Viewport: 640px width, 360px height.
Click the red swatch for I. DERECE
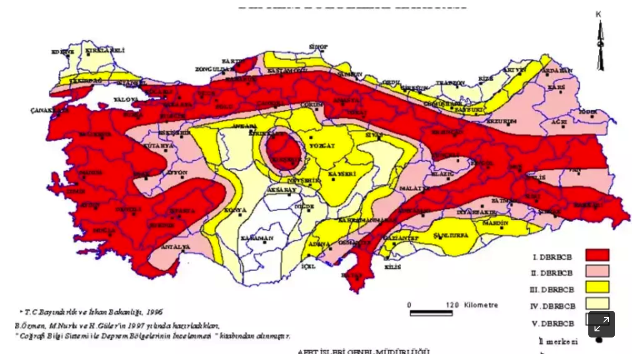(x=597, y=255)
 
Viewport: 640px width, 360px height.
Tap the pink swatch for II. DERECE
(x=597, y=271)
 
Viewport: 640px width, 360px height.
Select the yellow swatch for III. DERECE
(x=597, y=287)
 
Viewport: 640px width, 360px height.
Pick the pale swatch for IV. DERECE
(x=597, y=303)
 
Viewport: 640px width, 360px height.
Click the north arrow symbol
(x=600, y=46)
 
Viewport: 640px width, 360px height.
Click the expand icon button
(x=601, y=324)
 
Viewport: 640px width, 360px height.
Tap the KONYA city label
(x=235, y=210)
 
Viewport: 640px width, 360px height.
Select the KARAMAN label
(x=257, y=238)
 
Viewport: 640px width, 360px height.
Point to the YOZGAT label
(x=322, y=146)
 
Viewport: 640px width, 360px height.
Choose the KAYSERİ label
(x=342, y=174)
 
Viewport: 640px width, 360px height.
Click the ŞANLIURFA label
(x=451, y=235)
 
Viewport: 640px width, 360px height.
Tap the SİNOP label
(x=318, y=47)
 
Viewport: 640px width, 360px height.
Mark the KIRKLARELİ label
(x=105, y=50)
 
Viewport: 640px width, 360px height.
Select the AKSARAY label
(x=282, y=190)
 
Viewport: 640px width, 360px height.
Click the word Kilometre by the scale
(x=481, y=305)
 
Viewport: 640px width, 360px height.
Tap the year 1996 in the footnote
(x=154, y=312)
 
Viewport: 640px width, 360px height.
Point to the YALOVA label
(x=126, y=100)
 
